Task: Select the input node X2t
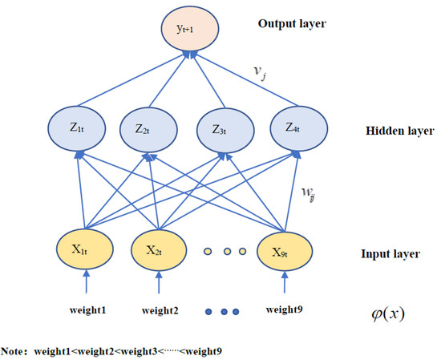click(x=155, y=251)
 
